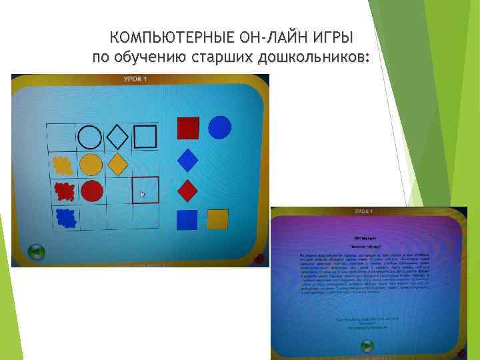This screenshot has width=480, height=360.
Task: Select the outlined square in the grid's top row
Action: [x=145, y=137]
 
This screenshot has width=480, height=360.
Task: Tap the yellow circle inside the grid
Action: [x=91, y=164]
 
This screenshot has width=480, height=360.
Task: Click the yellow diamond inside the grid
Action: [x=117, y=163]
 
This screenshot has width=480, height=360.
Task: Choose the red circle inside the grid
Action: [x=92, y=191]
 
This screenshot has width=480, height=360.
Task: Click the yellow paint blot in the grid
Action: [x=63, y=164]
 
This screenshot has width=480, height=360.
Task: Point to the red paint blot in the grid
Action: [x=64, y=191]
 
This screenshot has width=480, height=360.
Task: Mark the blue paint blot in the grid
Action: [x=65, y=217]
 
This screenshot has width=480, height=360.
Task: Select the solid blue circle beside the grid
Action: [x=220, y=127]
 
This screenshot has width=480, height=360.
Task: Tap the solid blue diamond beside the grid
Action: [x=189, y=161]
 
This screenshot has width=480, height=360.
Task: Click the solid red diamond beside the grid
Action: [x=189, y=191]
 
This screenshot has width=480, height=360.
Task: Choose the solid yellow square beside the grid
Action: [x=217, y=219]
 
